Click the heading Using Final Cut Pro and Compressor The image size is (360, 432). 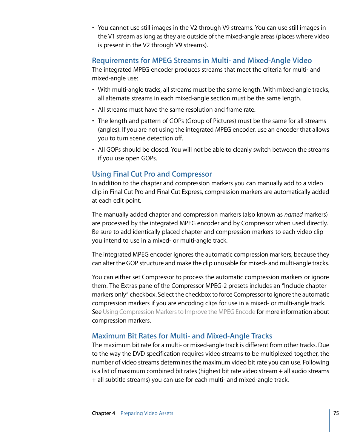tap(152, 174)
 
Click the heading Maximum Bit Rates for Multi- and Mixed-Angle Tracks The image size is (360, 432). tap(182, 336)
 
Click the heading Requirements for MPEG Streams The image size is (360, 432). tap(202, 60)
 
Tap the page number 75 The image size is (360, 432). tap(336, 413)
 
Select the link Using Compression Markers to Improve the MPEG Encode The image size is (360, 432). tap(179, 312)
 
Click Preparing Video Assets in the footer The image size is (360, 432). tap(147, 413)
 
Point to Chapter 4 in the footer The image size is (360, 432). tap(103, 413)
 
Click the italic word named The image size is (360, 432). tap(293, 215)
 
